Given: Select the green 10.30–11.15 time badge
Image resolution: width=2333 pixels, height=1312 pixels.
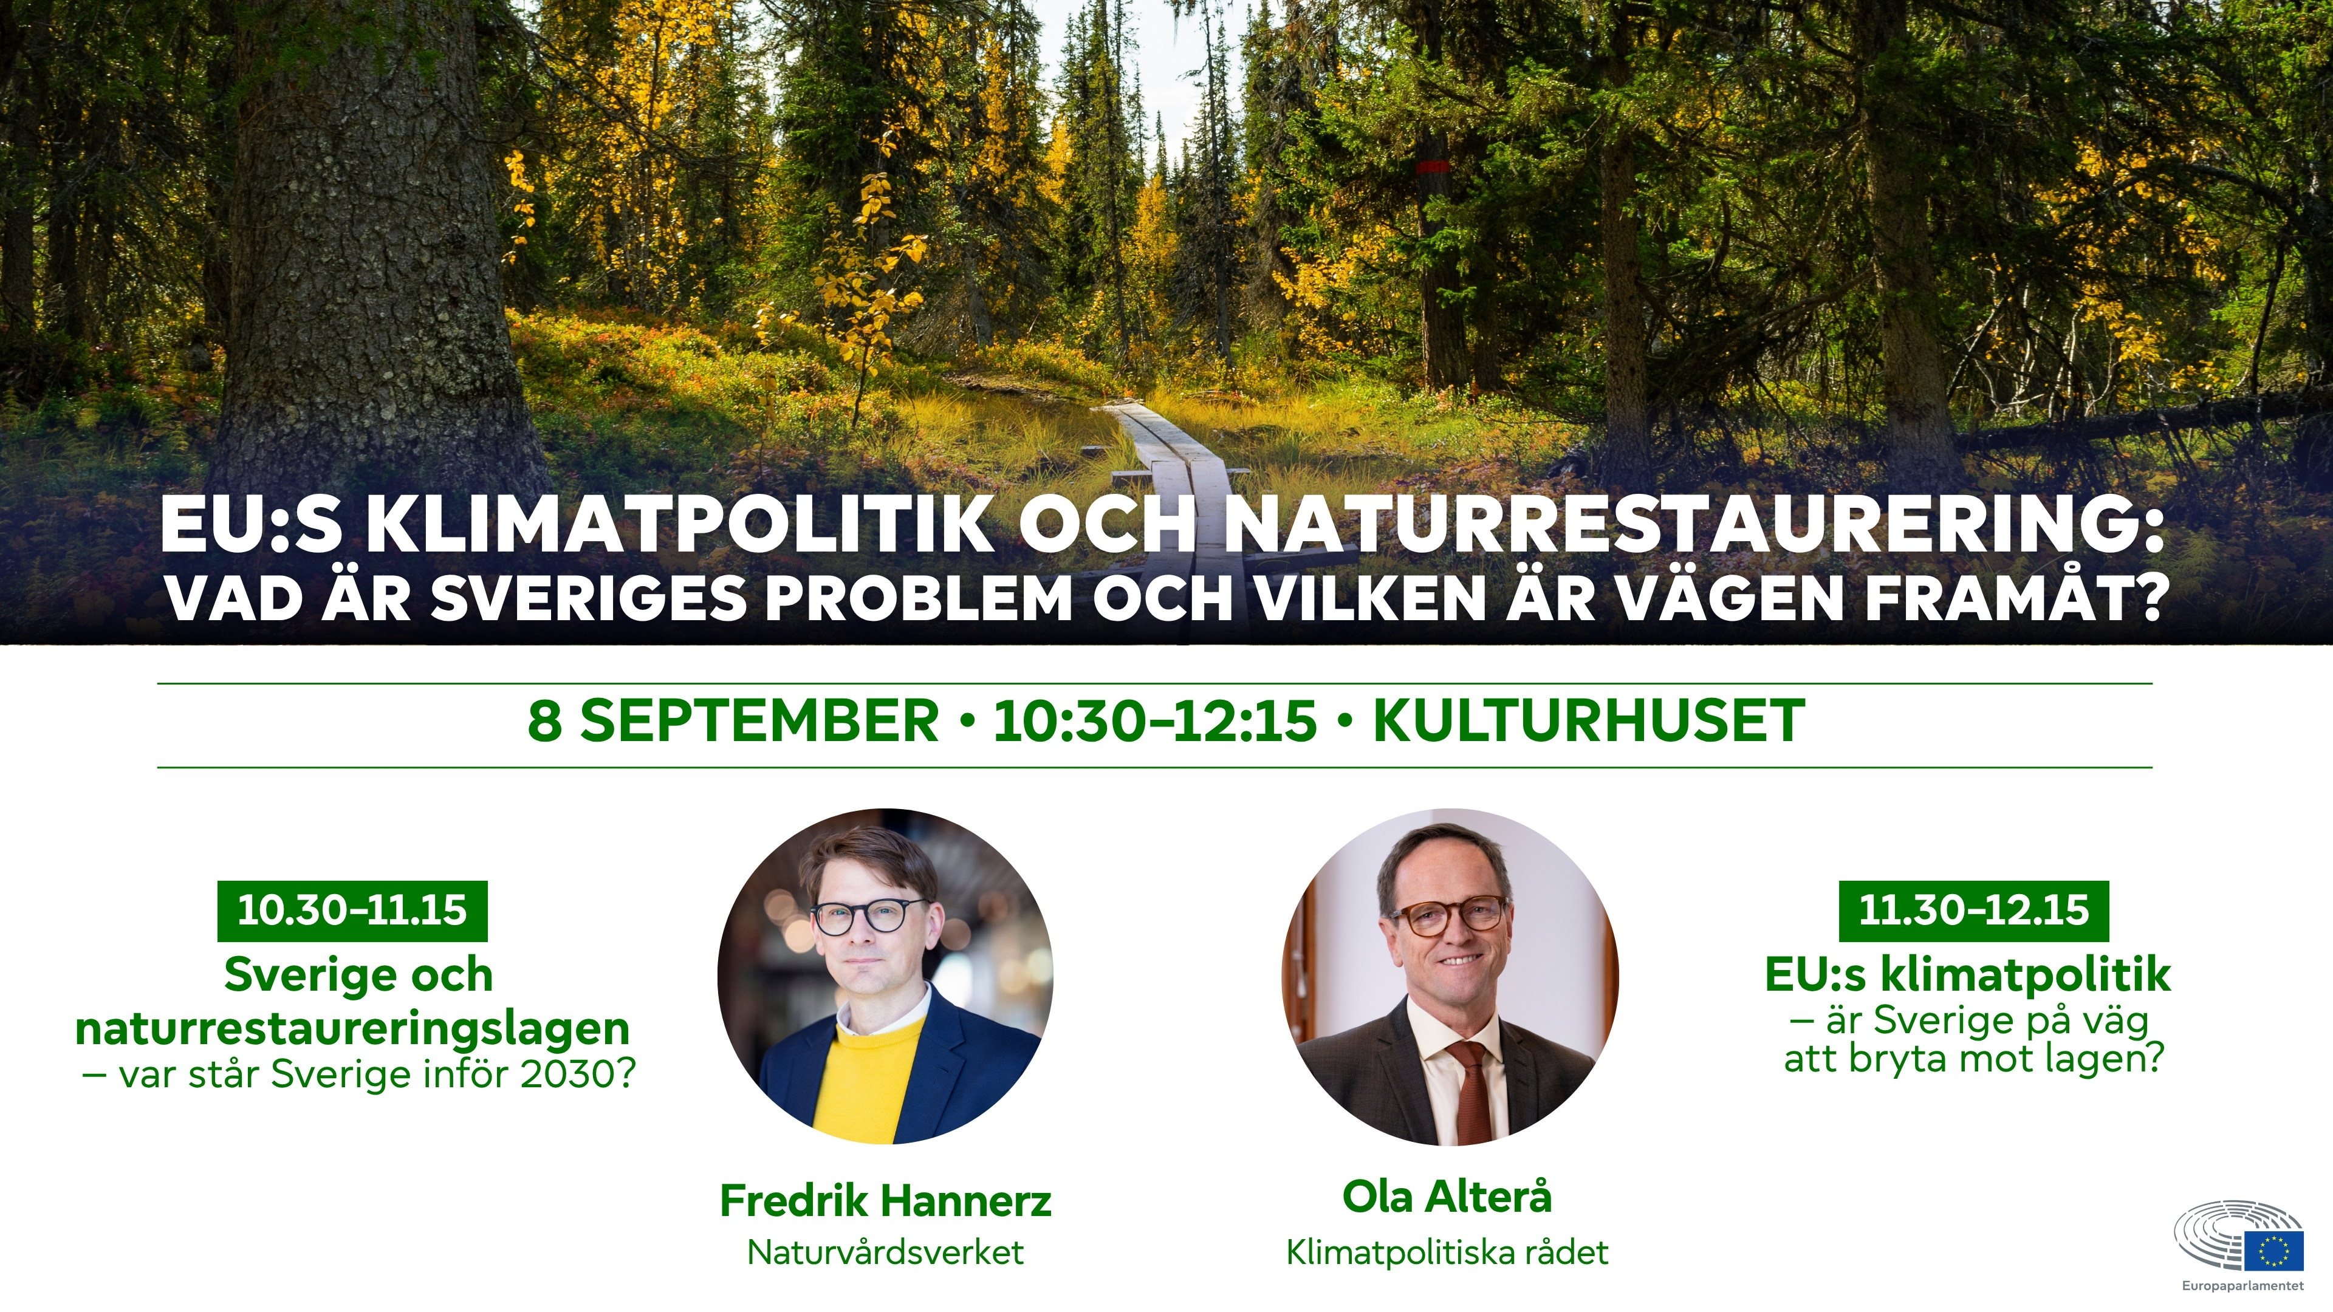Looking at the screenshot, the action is [x=352, y=910].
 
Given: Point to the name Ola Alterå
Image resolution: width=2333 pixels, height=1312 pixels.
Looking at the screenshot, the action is [x=1447, y=1197].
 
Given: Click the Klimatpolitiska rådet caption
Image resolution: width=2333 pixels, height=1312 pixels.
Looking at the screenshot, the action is [x=1447, y=1252].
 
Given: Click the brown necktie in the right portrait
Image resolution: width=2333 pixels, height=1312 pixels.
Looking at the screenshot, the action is [x=1471, y=1090].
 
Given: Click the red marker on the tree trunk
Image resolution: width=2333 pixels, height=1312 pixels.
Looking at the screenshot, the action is [x=1433, y=166].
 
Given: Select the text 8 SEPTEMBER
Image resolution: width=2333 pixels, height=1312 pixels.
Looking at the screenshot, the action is [x=733, y=722].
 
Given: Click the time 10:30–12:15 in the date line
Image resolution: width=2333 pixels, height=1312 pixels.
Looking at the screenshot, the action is [x=1155, y=722].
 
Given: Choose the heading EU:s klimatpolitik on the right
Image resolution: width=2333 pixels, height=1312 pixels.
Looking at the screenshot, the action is [x=1968, y=974].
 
